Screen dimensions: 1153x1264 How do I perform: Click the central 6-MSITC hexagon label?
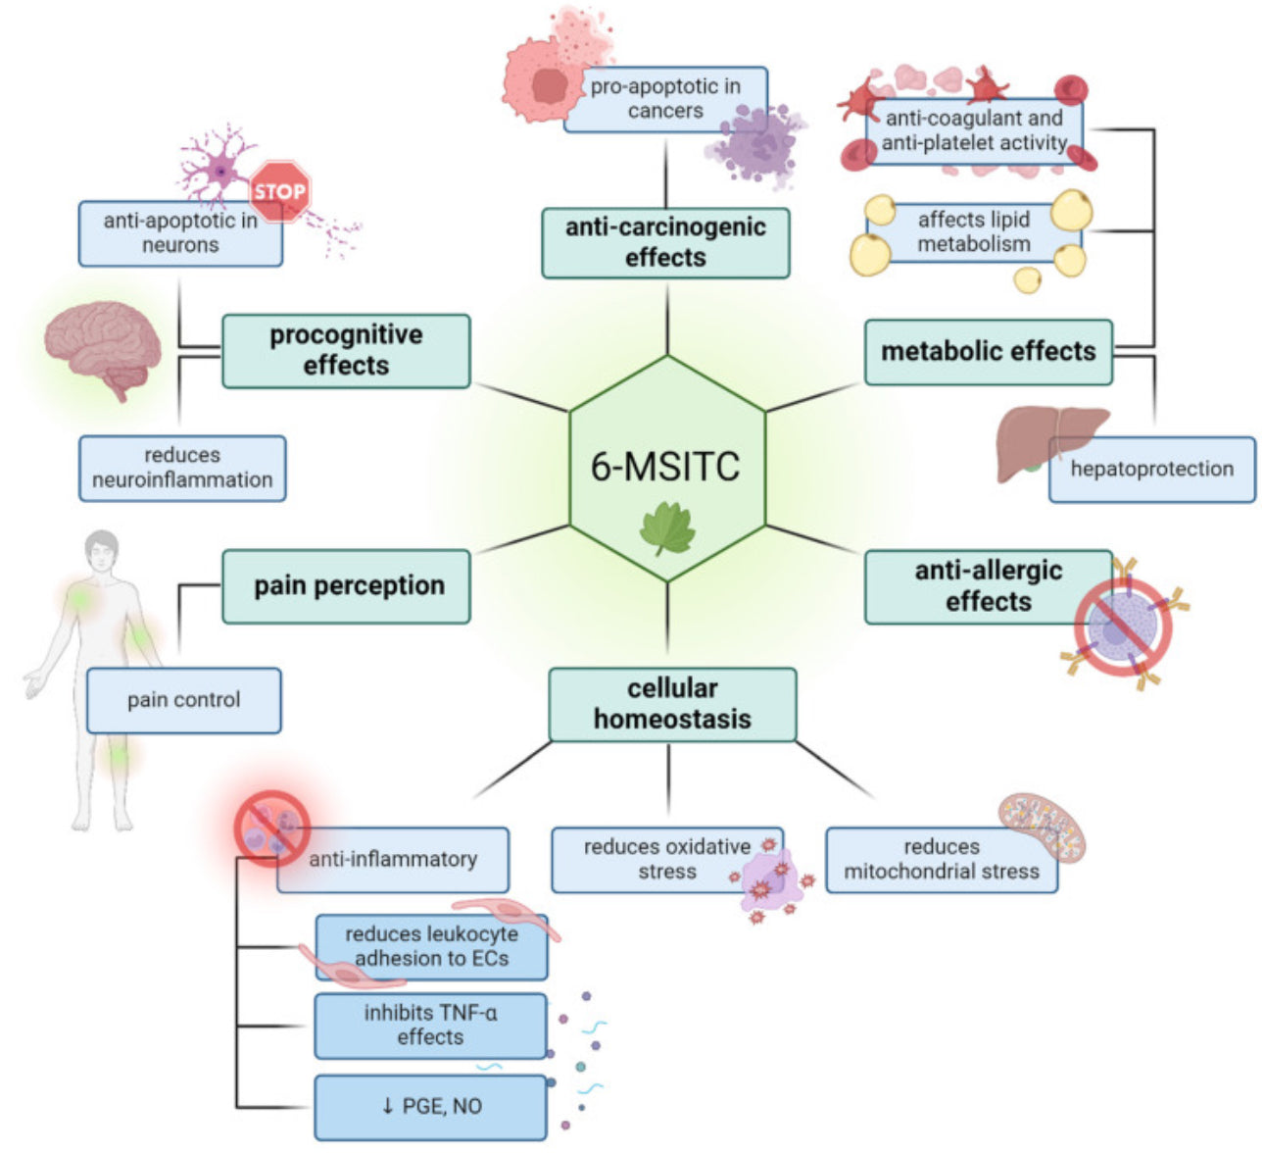pos(665,467)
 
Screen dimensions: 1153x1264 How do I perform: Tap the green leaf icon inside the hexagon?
pos(667,529)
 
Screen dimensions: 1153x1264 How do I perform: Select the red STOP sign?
pos(280,191)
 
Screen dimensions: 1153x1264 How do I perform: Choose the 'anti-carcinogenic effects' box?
pos(665,242)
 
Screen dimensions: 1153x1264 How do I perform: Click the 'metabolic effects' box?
pos(988,352)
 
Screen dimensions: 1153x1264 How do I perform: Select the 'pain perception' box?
pos(347,586)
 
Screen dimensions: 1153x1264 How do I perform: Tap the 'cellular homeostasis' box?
pos(672,704)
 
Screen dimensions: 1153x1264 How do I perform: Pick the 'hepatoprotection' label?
pos(1151,470)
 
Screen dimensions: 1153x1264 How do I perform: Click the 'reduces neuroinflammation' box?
pos(182,469)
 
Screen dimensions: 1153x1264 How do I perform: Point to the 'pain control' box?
pos(183,700)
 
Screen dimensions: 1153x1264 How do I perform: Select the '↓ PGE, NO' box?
pos(430,1107)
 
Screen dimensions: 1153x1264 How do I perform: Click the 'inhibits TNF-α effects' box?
pos(430,1026)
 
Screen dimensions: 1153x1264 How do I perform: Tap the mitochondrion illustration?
pos(1042,825)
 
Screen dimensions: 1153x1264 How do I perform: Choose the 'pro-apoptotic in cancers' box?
pos(665,99)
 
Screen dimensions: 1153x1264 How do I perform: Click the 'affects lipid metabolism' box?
pos(974,232)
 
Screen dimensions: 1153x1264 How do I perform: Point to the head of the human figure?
pos(101,552)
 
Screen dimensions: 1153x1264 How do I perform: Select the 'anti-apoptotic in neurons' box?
pos(180,233)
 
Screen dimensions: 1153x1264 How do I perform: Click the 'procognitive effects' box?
pos(346,350)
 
